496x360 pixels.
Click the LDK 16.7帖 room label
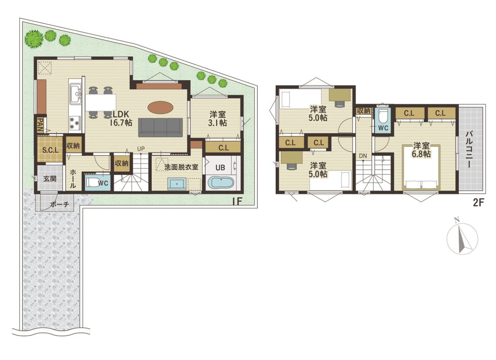[121, 118]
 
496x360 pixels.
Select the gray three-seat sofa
[160, 127]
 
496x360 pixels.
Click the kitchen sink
[76, 94]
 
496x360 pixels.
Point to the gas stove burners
[75, 123]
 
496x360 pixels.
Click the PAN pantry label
[41, 124]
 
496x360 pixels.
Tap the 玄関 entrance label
[50, 179]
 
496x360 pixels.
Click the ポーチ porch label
[59, 204]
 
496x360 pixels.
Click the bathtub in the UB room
[221, 183]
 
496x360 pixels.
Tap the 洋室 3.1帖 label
[218, 118]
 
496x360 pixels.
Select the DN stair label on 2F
[363, 156]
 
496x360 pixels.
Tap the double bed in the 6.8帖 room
[421, 167]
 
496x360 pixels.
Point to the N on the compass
[456, 220]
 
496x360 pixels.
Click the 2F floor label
[478, 202]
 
